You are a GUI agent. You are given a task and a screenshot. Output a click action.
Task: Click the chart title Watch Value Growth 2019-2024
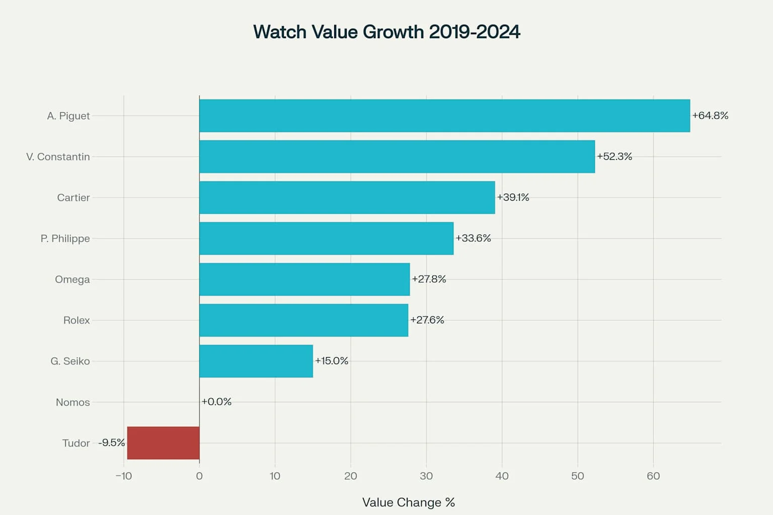pos(386,32)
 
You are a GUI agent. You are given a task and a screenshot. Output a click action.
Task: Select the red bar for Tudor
pos(164,443)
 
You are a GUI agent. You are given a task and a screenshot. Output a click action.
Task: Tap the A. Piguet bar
pos(444,116)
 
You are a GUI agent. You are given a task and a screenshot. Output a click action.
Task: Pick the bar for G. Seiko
pos(256,361)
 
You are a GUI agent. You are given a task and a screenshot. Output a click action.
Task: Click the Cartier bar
pos(347,197)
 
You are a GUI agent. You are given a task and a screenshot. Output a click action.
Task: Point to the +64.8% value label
pos(710,115)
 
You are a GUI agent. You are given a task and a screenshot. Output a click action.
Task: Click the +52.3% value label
pos(614,156)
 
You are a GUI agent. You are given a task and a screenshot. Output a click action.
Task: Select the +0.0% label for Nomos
pos(216,401)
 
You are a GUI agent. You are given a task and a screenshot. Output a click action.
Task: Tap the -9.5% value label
pos(112,443)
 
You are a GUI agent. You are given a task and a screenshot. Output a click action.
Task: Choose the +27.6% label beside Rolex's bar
pos(427,320)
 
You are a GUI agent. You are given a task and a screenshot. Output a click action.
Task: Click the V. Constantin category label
pos(58,157)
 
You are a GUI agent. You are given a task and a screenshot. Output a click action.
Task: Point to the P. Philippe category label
pos(65,238)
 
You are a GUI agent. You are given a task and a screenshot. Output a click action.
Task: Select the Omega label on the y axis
pos(72,279)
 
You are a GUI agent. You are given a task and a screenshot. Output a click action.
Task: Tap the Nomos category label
pos(72,402)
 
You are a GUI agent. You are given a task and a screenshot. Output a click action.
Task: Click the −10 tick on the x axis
pos(124,476)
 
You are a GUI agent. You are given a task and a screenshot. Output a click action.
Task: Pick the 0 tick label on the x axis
pos(199,476)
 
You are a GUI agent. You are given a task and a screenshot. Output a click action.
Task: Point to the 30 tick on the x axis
pos(426,476)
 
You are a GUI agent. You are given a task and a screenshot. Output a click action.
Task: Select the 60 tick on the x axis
pos(653,476)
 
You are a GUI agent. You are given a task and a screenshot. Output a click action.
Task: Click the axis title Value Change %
pos(408,502)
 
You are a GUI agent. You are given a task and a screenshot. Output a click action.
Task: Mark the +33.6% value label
pos(473,238)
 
